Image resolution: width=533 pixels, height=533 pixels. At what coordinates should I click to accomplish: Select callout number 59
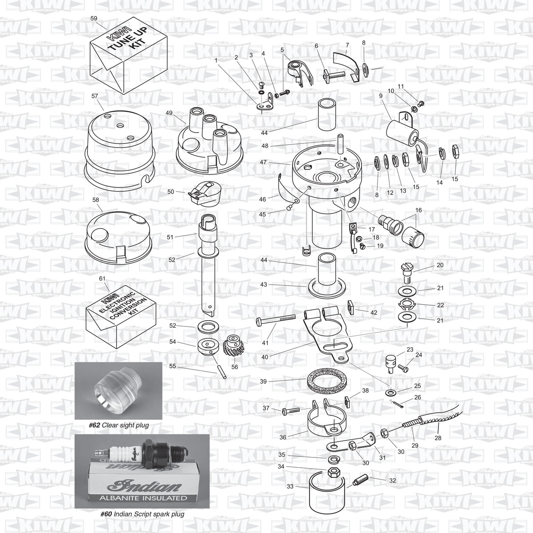[x=94, y=18]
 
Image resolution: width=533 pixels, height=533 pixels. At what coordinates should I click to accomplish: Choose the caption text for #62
[x=119, y=425]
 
